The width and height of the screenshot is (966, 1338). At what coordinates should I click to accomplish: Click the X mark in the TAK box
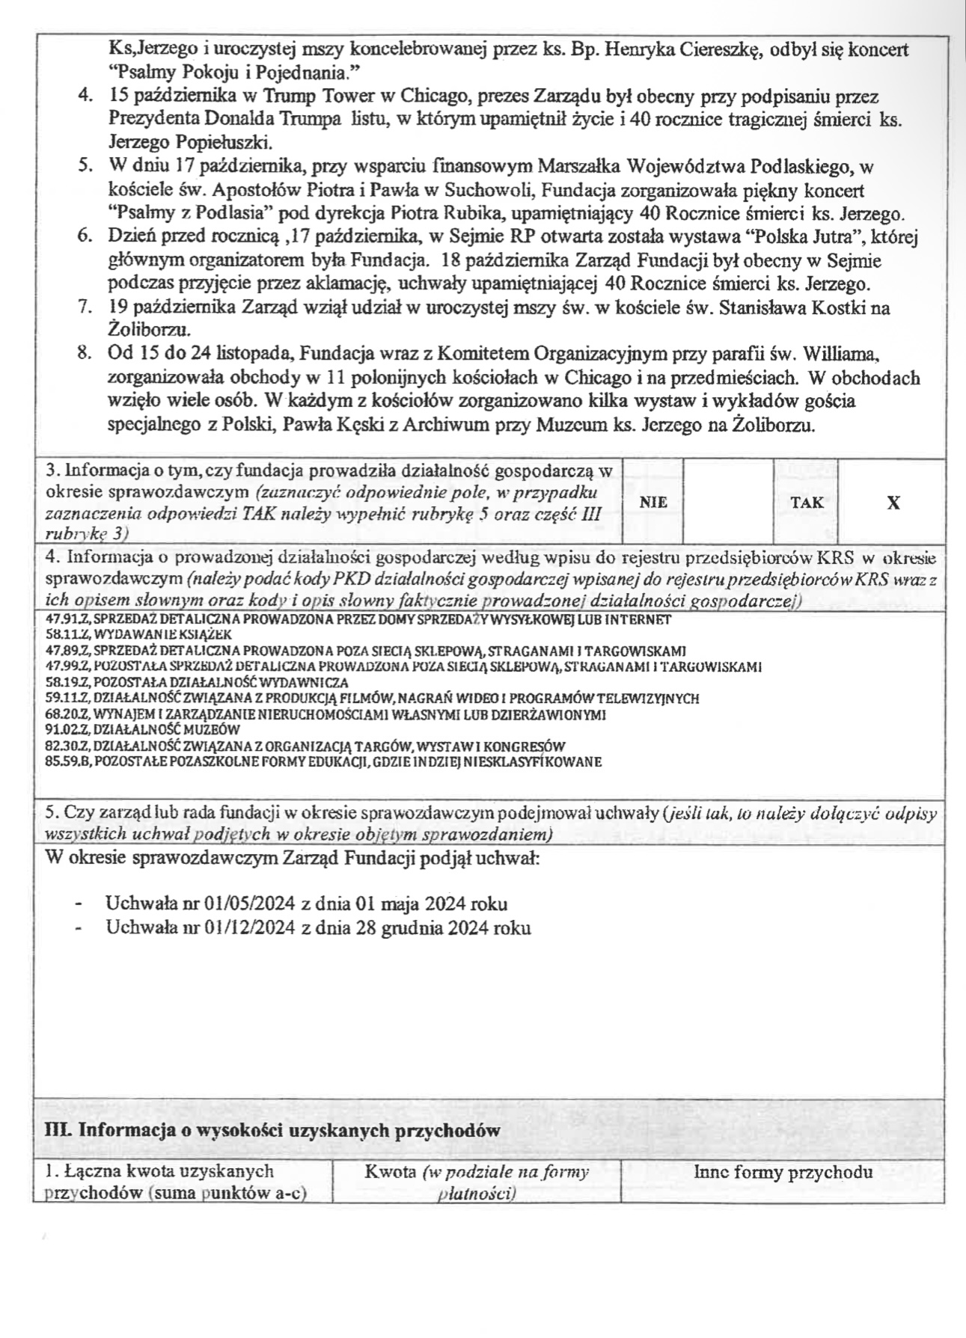tap(893, 503)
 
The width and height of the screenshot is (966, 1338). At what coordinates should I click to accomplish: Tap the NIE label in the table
tap(654, 503)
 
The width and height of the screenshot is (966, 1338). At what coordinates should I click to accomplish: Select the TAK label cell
tap(807, 503)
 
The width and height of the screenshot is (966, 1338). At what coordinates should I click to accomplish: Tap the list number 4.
tap(85, 96)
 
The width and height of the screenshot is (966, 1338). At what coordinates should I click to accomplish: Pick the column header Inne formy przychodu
tap(783, 1172)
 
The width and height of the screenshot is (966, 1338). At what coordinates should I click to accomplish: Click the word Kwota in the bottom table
tap(391, 1172)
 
